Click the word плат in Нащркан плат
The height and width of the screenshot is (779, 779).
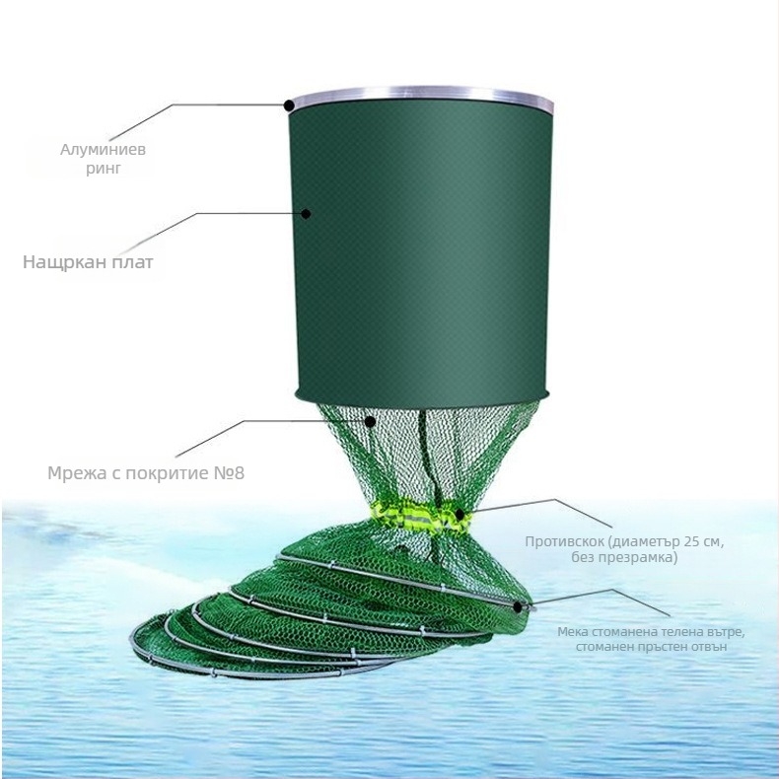point(132,263)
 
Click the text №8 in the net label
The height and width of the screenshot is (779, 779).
point(227,472)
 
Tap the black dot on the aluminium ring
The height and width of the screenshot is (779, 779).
point(289,105)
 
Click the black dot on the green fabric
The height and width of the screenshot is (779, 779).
point(306,213)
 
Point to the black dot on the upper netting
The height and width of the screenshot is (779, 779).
point(370,422)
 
